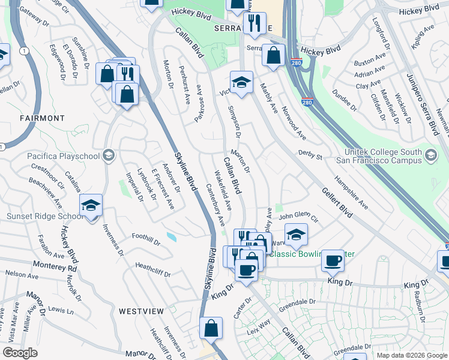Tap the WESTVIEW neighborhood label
point(141,311)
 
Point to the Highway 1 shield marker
point(23,52)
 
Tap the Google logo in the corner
point(20,353)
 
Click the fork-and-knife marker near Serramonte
point(255,24)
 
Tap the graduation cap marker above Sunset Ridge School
point(91,206)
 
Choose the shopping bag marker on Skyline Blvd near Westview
point(211,328)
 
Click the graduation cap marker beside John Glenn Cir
point(296,235)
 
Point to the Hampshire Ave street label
point(351,191)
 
